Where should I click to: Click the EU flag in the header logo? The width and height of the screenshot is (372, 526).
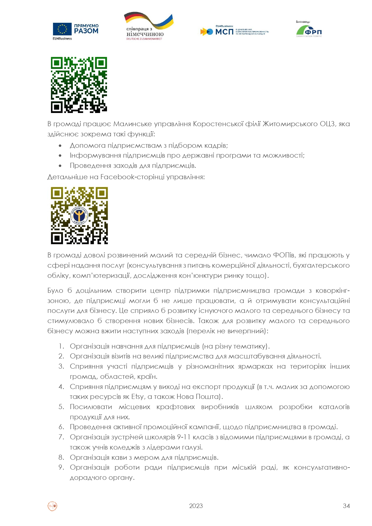point(62,29)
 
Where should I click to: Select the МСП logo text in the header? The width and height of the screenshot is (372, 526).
point(224,31)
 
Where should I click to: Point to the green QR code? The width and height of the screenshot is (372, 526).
point(79,85)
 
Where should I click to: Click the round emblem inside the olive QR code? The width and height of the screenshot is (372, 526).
point(79,215)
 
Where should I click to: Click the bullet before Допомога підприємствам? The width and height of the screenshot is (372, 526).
point(60,146)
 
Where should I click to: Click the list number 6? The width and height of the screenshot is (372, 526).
point(61,427)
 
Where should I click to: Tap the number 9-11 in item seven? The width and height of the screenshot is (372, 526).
point(184,437)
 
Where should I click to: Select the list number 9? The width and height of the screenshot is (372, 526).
point(61,467)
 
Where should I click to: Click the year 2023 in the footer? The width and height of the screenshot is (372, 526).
point(196,506)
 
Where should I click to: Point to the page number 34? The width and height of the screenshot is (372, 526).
point(346,506)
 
